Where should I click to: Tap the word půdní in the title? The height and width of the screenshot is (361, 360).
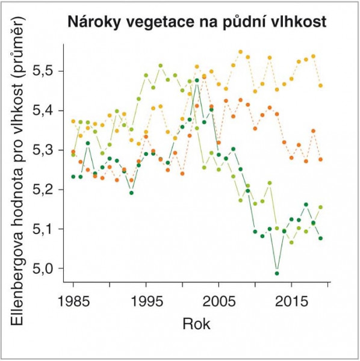(x=243, y=22)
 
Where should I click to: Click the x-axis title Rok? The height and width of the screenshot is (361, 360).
(x=196, y=324)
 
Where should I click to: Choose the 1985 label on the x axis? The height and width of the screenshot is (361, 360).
(x=73, y=301)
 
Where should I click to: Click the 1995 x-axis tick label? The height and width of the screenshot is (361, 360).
(x=146, y=301)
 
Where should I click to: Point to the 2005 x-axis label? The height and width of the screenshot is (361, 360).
(x=219, y=301)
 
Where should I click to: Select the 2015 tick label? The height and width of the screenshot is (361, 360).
(x=291, y=301)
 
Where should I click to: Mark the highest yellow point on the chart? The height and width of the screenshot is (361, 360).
(x=241, y=52)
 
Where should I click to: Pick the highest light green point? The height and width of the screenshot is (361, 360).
(x=161, y=66)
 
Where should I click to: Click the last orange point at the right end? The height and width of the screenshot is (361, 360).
(x=320, y=159)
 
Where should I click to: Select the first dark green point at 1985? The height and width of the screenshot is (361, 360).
(x=73, y=177)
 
